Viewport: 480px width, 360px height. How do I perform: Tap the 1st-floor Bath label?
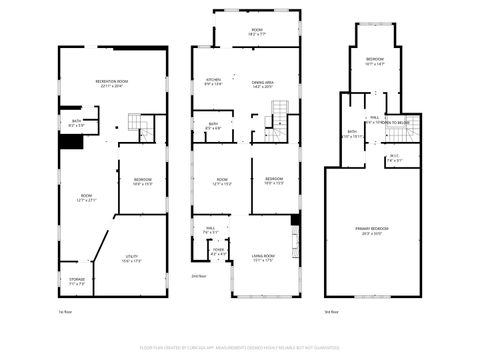click(x=76, y=124)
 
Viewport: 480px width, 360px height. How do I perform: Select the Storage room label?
click(x=77, y=281)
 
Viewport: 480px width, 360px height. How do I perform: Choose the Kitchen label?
click(x=213, y=82)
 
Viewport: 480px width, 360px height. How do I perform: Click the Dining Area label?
click(x=263, y=83)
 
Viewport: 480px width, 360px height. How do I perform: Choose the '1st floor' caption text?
click(x=65, y=312)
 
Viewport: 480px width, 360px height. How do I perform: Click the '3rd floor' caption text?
click(x=332, y=312)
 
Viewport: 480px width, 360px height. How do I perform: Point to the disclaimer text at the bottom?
click(x=239, y=351)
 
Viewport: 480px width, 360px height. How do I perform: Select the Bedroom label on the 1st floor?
click(x=142, y=182)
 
